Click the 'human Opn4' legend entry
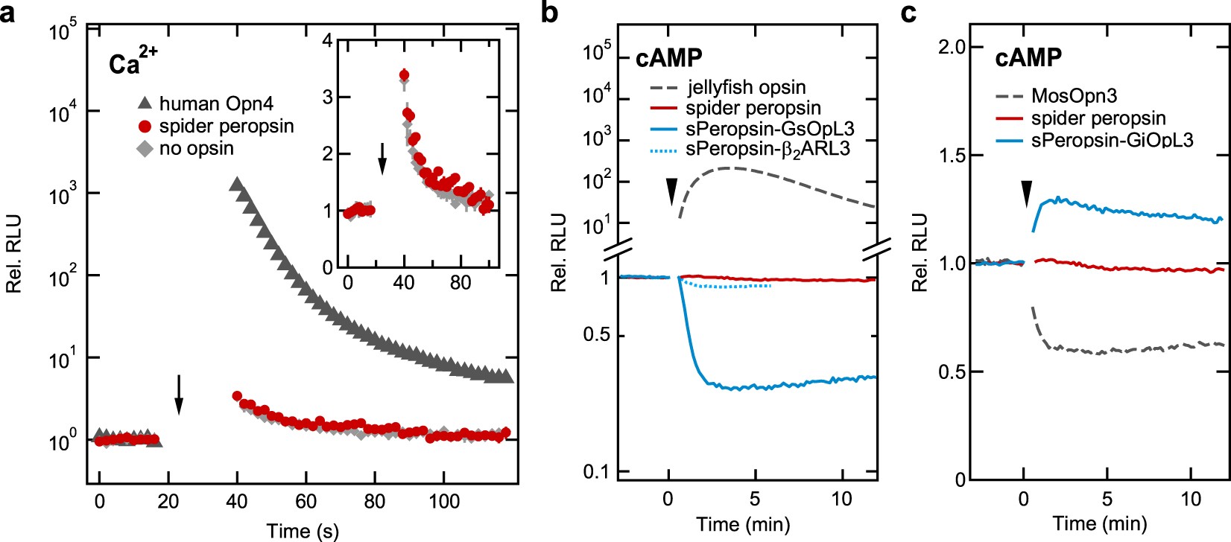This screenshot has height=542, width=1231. point(199,103)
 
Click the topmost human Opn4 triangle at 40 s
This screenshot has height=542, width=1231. point(236,184)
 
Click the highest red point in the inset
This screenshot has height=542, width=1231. point(404,74)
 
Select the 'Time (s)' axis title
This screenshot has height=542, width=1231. point(303,530)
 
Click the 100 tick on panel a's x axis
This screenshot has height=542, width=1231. point(444,501)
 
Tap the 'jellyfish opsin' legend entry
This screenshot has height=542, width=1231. point(746,88)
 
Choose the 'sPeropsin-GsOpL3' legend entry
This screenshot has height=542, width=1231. point(769,129)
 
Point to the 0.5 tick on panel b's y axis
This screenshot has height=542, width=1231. point(596,335)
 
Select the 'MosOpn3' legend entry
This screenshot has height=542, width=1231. point(1073,96)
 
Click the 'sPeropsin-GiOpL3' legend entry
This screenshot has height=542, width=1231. point(1112,139)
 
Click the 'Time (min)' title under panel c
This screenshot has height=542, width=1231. point(1099,523)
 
